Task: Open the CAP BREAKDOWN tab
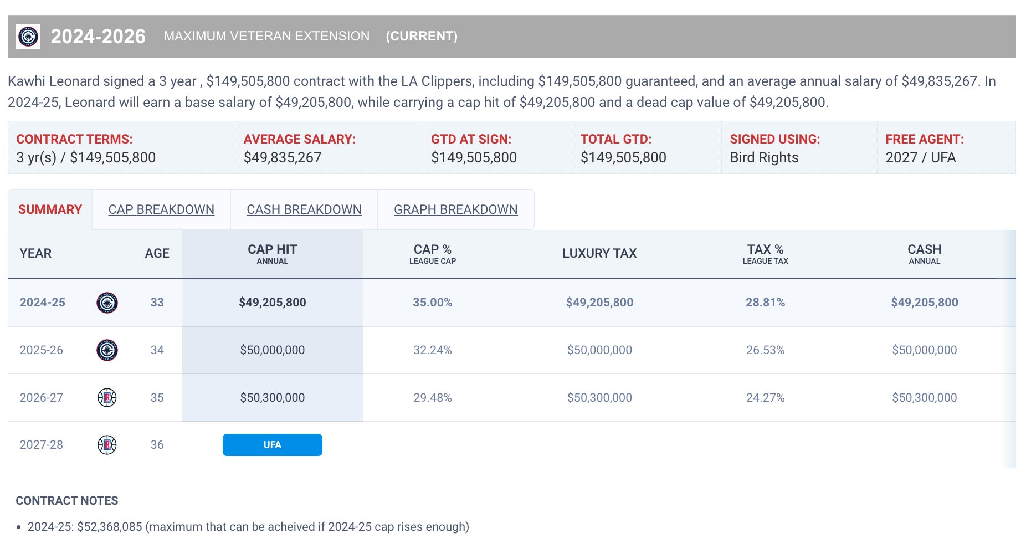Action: [161, 209]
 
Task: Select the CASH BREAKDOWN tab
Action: [304, 209]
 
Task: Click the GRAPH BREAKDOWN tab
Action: [455, 209]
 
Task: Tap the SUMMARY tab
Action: [50, 209]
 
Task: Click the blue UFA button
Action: [272, 445]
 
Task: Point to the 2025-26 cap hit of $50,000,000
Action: [272, 350]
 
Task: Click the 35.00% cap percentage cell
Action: [432, 303]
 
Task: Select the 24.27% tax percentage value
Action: [765, 398]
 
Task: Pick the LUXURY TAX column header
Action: [599, 253]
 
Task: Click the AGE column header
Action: [157, 253]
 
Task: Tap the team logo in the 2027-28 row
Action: [107, 445]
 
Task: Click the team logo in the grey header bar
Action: [28, 37]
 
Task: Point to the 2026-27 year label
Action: [41, 398]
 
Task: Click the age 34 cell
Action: [157, 350]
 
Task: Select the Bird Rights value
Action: [764, 158]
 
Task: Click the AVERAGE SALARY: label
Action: [299, 139]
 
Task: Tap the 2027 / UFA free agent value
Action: [920, 158]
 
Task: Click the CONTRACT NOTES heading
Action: [67, 501]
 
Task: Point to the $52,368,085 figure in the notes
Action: [109, 527]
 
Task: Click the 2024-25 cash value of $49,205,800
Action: [924, 303]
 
